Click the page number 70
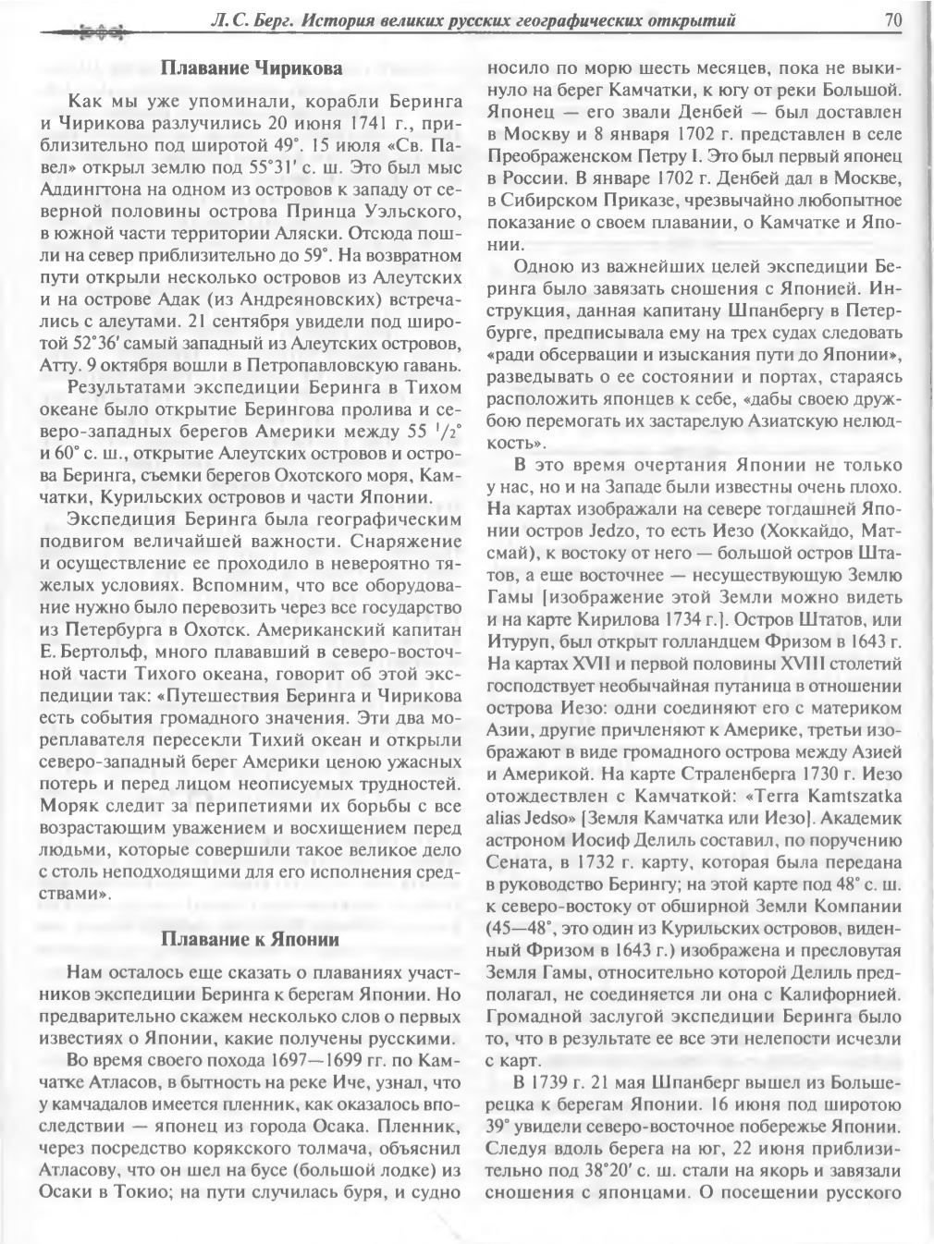[892, 18]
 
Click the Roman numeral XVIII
[782, 663]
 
